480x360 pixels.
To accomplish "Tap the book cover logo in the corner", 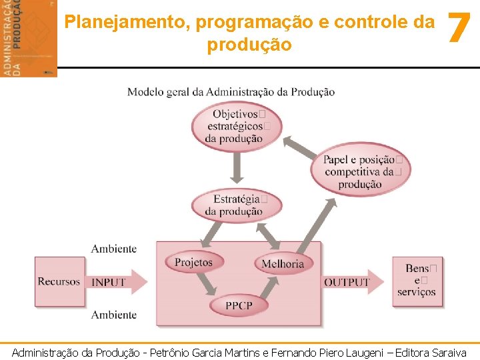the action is [x=29, y=38].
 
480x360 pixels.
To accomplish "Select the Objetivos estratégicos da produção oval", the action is [x=236, y=126].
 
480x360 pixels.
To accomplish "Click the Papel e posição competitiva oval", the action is [x=361, y=171].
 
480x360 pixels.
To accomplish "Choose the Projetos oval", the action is [x=193, y=262].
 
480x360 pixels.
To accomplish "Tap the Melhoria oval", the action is [x=283, y=263].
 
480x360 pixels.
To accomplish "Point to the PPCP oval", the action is [x=238, y=305].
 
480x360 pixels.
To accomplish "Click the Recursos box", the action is [x=59, y=281].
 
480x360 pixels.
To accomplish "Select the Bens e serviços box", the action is [x=417, y=281].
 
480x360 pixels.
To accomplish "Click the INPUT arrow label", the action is [x=109, y=282].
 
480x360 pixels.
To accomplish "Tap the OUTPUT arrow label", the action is [x=347, y=282].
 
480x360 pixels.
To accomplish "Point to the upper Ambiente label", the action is [x=114, y=249].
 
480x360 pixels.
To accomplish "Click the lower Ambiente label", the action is [x=114, y=315].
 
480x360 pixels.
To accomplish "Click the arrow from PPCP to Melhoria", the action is [x=269, y=287].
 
